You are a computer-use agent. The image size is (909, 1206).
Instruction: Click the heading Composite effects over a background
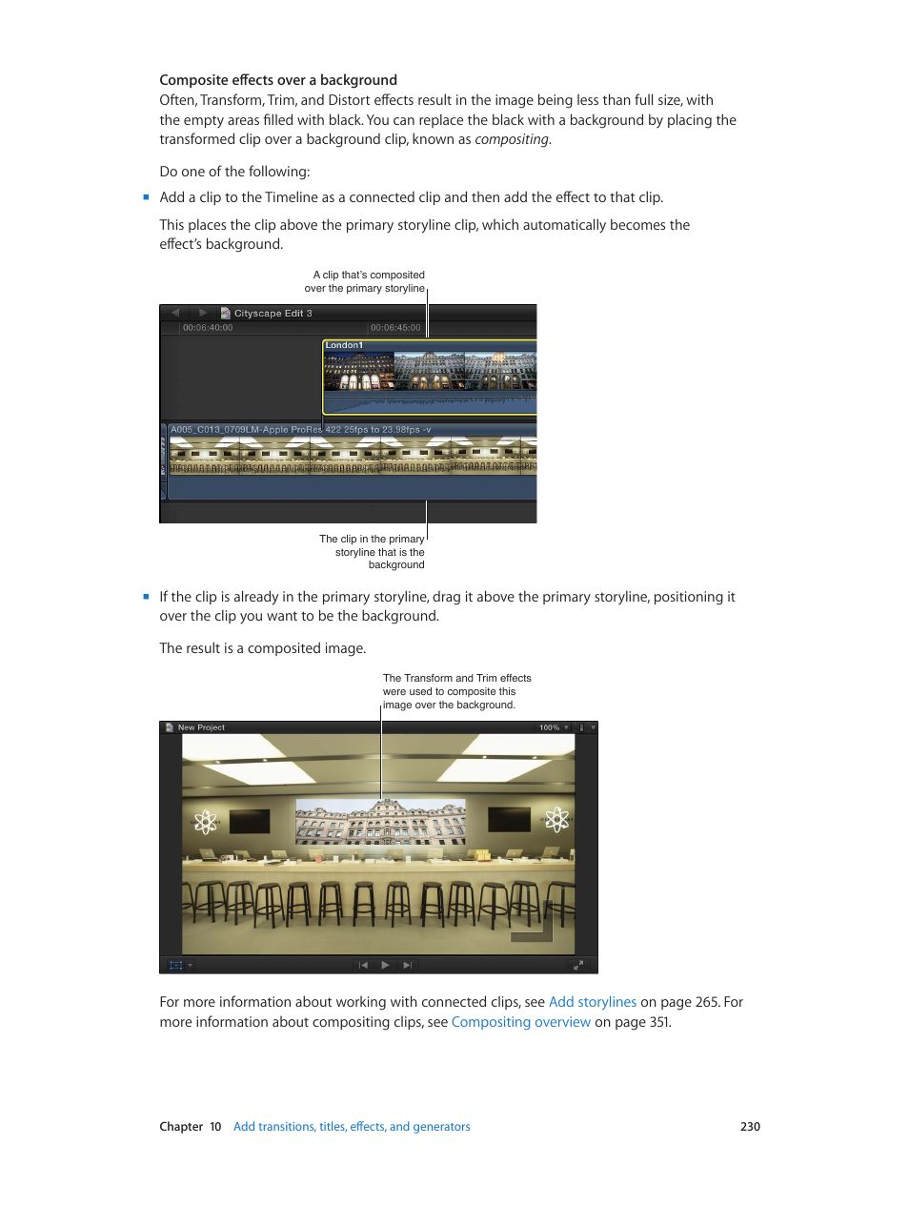click(x=278, y=80)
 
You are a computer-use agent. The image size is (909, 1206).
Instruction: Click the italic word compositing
click(x=512, y=139)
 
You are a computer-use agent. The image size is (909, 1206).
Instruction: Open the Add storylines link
click(x=592, y=1002)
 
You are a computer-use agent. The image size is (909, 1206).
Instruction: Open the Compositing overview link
click(x=520, y=1022)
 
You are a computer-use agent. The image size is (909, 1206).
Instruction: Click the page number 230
click(x=750, y=1127)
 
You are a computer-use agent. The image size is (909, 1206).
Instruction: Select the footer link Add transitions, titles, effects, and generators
click(x=352, y=1127)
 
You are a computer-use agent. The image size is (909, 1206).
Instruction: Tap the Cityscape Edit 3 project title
click(x=273, y=314)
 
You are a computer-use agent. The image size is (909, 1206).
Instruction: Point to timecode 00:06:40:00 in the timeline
click(x=208, y=328)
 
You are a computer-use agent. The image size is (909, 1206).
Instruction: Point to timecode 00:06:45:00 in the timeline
click(x=395, y=328)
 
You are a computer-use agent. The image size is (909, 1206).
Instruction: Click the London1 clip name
click(x=344, y=345)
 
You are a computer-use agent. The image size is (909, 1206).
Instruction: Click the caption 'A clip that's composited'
click(x=369, y=275)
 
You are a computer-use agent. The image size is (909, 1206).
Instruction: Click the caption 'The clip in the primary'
click(x=372, y=539)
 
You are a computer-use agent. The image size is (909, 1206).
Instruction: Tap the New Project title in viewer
click(x=201, y=727)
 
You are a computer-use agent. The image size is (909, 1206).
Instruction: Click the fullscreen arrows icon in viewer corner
click(x=578, y=965)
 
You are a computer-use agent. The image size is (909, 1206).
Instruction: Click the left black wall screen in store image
click(x=249, y=820)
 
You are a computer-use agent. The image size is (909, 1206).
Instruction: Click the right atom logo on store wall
click(x=557, y=819)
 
